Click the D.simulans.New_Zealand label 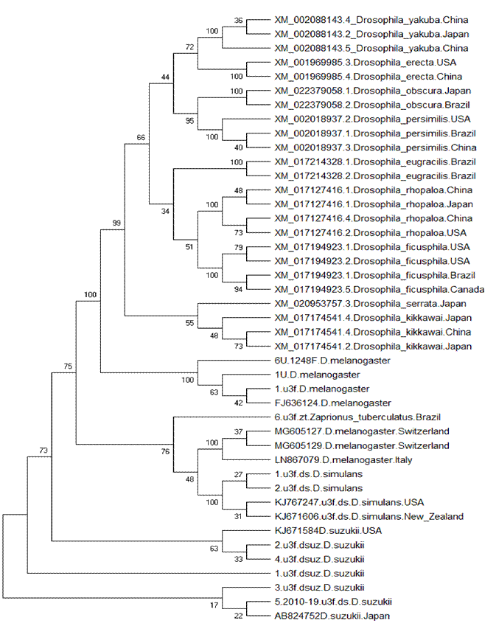(x=368, y=516)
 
